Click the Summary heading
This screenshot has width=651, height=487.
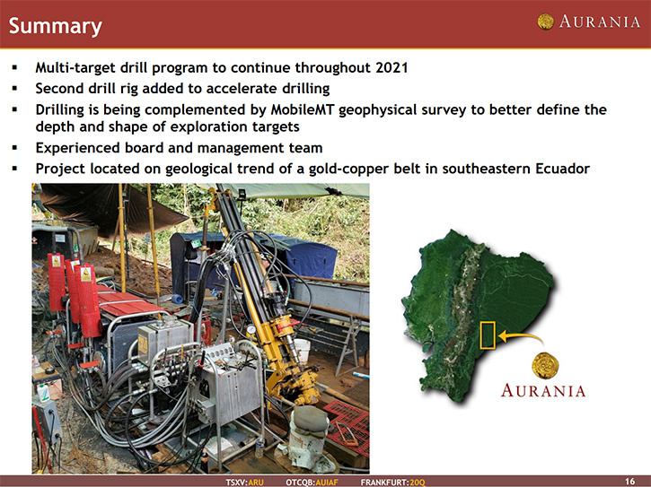pos(55,26)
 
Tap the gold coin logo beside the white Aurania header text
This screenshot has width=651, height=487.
pos(546,22)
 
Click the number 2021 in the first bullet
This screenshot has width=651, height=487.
pos(391,67)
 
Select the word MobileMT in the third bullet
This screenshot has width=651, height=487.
pos(304,109)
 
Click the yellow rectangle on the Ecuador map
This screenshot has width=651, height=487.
pos(488,335)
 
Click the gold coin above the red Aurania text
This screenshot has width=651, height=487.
pos(545,365)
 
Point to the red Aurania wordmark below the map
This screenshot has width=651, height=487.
pos(543,391)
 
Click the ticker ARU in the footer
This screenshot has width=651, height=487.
pos(256,483)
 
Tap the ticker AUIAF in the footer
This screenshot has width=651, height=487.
pos(327,483)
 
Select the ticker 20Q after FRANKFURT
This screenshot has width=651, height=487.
pos(418,483)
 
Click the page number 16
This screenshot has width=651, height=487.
pos(629,482)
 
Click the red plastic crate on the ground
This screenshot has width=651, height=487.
pos(347,427)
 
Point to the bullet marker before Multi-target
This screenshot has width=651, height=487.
pos(15,67)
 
